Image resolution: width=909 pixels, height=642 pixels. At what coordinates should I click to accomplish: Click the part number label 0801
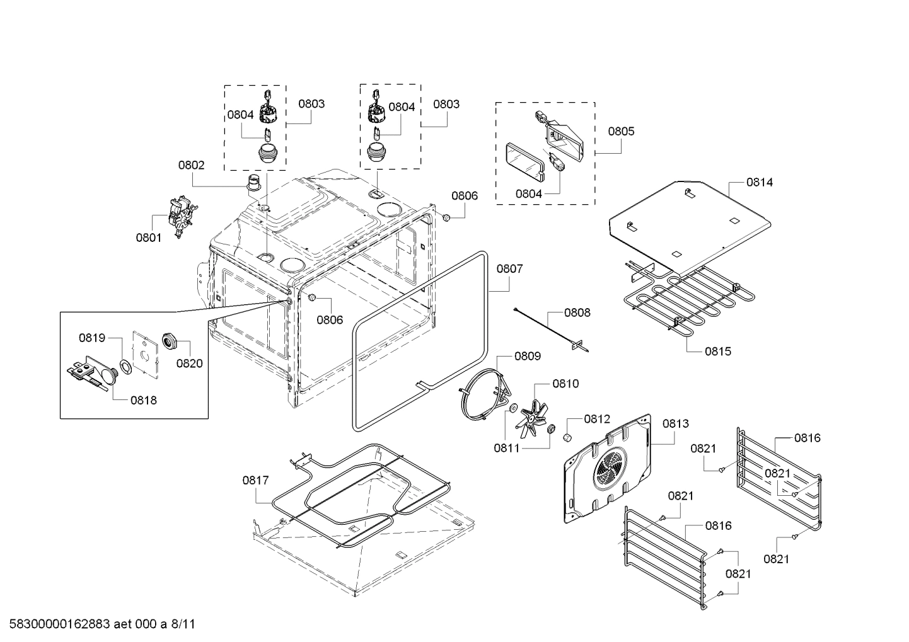(x=148, y=238)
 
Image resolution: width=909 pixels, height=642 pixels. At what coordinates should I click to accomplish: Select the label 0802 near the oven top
(x=191, y=165)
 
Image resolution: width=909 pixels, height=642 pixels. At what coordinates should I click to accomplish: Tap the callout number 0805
(x=621, y=132)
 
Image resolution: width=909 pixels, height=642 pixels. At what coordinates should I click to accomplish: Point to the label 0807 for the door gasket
(x=509, y=269)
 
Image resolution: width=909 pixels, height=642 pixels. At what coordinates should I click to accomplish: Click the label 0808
(x=577, y=312)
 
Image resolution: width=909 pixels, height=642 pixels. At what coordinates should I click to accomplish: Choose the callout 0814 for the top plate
(x=759, y=182)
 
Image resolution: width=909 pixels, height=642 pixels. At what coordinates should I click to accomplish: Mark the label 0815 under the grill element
(x=718, y=351)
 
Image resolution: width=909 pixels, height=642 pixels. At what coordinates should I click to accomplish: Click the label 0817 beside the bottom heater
(x=255, y=480)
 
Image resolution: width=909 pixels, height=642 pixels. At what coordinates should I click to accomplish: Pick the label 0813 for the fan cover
(x=675, y=424)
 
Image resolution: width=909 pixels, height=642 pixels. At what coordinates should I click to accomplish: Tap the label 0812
(x=596, y=418)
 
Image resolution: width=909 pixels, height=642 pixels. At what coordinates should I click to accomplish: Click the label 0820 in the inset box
(x=189, y=363)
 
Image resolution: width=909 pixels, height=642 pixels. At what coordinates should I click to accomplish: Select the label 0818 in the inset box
(x=144, y=399)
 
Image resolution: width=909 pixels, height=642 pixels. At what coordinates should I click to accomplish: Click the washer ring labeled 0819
(x=125, y=367)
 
